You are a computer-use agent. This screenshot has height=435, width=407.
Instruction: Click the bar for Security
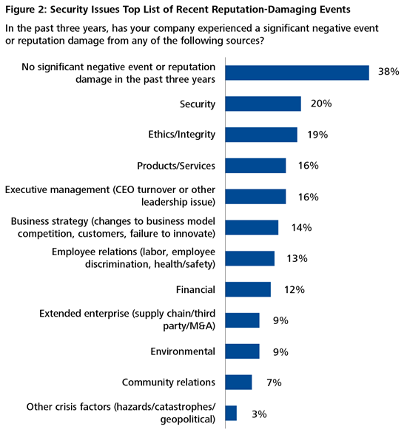point(262,104)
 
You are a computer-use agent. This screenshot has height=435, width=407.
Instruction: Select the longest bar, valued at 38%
point(296,72)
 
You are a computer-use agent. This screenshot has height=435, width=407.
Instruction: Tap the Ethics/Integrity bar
point(260,135)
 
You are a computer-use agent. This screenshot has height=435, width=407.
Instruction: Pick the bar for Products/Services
point(255,166)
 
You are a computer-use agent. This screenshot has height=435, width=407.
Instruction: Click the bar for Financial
point(247,289)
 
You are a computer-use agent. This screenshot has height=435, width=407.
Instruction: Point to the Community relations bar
point(238,382)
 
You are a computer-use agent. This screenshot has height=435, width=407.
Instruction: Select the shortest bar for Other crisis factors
point(230,413)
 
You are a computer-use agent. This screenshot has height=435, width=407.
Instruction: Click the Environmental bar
point(241,351)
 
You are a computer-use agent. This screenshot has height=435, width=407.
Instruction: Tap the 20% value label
point(320,104)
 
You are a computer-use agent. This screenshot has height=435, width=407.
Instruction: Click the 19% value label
point(317,135)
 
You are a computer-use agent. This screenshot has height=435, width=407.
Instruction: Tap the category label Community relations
point(168,382)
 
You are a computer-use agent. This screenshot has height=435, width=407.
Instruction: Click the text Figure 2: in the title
point(29,10)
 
